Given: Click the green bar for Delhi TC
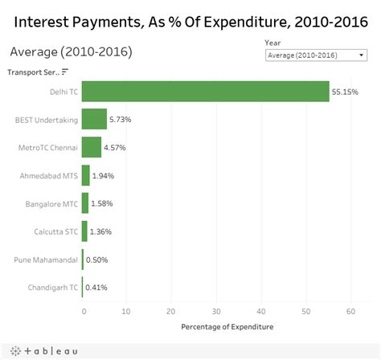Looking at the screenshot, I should (x=205, y=92).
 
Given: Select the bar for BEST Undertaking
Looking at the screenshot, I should (x=94, y=120).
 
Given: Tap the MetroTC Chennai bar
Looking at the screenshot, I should (x=92, y=148).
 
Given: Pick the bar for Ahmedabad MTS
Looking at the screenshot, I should (x=86, y=175).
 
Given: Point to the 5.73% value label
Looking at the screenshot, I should (x=121, y=120).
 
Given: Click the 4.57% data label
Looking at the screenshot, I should (x=115, y=148).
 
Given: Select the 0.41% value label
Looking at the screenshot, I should (x=96, y=287).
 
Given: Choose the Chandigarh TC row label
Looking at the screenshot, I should (x=51, y=287).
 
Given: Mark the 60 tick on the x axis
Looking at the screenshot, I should (x=350, y=311).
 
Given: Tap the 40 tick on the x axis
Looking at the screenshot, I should (x=260, y=311).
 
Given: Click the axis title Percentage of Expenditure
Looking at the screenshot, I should (x=226, y=326).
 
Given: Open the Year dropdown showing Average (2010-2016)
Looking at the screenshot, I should (x=315, y=55).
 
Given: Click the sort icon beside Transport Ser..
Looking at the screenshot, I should (x=65, y=72).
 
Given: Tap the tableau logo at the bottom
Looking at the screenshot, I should (x=40, y=350).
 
